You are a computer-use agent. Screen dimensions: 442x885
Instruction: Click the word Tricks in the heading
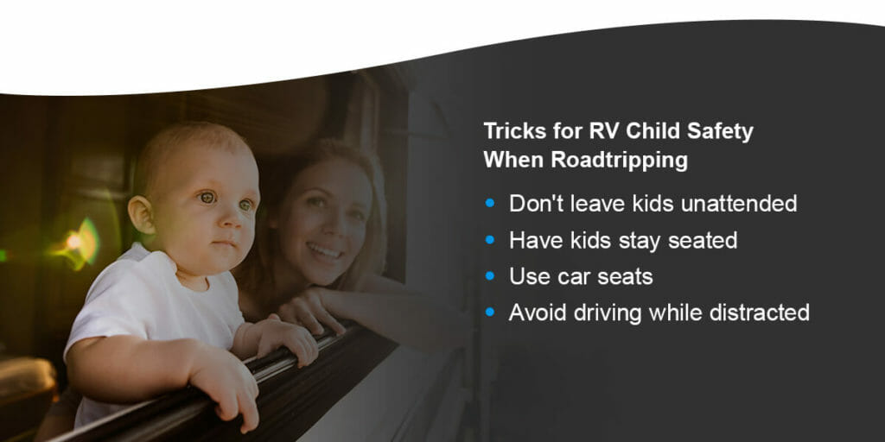click(x=509, y=132)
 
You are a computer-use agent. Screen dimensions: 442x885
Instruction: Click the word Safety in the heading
click(x=716, y=132)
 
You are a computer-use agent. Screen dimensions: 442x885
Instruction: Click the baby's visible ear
click(x=140, y=215)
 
